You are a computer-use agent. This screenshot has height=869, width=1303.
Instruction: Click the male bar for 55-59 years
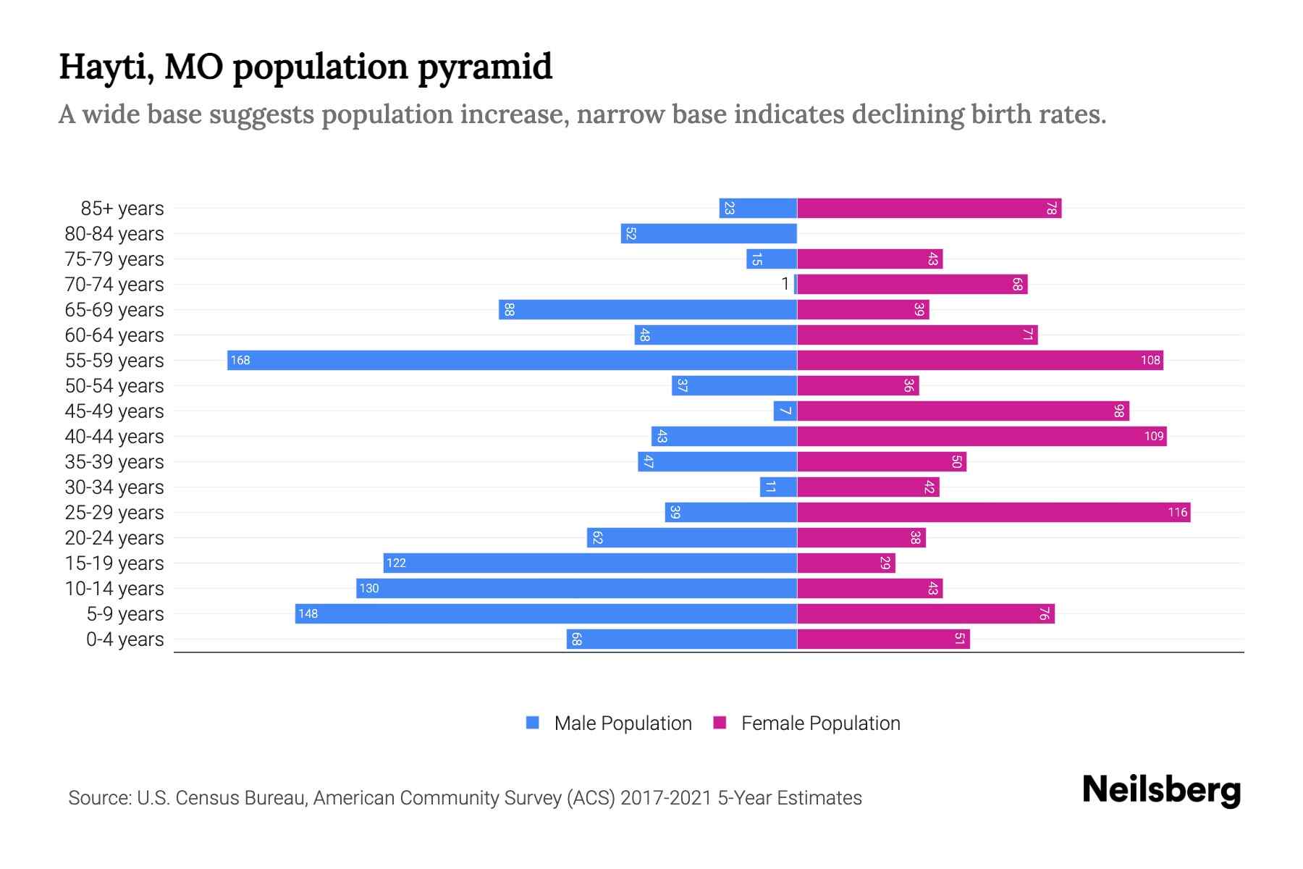coord(512,360)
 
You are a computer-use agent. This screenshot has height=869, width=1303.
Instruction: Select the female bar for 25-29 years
coord(993,512)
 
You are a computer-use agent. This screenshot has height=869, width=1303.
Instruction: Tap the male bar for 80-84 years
coord(709,233)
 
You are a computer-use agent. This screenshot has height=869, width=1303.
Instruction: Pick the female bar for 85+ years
coord(929,208)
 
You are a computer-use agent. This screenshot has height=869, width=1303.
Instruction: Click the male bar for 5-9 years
coord(546,613)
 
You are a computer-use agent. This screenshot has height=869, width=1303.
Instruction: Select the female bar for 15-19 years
coord(846,563)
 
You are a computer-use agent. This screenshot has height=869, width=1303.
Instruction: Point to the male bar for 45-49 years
coord(785,411)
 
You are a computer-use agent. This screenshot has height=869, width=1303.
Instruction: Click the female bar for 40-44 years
coord(982,436)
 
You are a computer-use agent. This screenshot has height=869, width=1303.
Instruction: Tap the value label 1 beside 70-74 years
coord(785,284)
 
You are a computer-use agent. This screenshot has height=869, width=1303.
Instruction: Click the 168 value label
coord(240,360)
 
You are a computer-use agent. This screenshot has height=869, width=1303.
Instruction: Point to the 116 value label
coord(1177,512)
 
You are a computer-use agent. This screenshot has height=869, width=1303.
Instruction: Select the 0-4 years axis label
coord(125,639)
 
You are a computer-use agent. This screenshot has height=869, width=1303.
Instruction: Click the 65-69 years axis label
coord(114,310)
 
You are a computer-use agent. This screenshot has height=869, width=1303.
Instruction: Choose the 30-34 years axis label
coord(114,487)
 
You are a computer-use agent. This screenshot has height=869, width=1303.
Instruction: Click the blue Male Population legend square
coord(533,723)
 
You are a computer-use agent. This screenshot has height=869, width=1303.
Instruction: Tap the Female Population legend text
coord(820,723)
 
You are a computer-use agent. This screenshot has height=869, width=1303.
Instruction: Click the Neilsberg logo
coord(1161,789)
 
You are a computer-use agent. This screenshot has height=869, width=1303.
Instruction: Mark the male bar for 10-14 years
coord(576,588)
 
